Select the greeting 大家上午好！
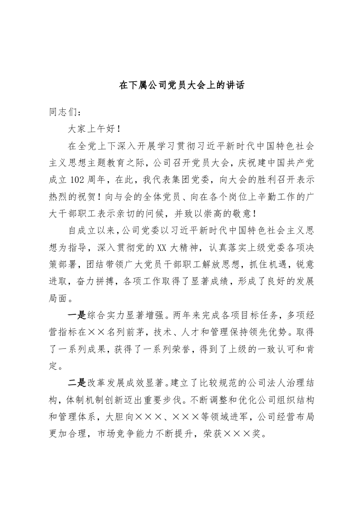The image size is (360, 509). pos(94,129)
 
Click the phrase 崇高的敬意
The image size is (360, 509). pos(238,214)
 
